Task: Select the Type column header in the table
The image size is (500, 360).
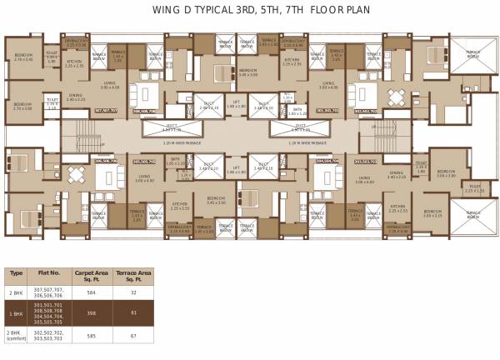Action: click(14, 272)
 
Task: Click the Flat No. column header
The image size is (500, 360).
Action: click(50, 272)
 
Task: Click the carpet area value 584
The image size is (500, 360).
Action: click(91, 292)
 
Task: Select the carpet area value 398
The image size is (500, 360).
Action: click(91, 313)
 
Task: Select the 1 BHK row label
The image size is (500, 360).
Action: click(14, 313)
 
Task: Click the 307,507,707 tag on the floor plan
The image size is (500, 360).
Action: click(107, 110)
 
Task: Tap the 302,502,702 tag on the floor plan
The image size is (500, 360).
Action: click(367, 110)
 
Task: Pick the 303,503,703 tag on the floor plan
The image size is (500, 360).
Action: click(366, 161)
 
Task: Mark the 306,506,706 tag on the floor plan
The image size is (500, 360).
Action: click(106, 161)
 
